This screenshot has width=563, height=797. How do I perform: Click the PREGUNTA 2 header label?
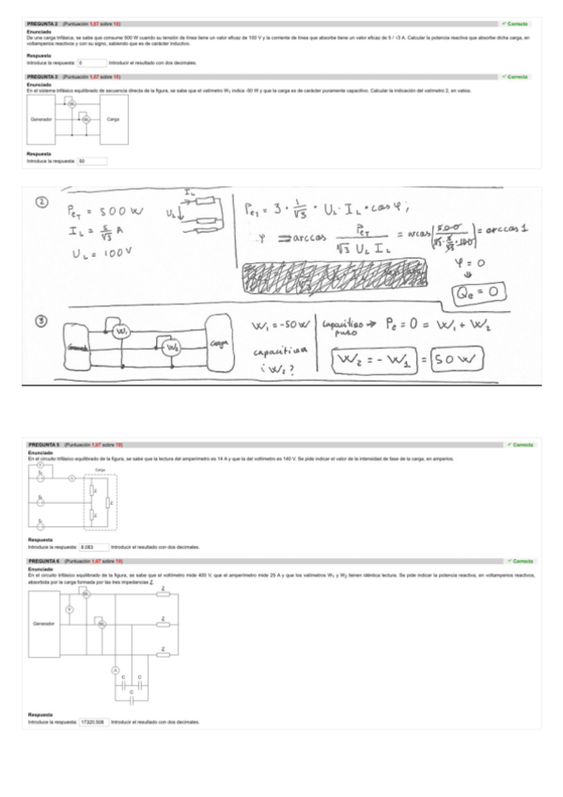click(x=43, y=23)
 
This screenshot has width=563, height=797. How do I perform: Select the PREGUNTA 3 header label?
click(x=43, y=76)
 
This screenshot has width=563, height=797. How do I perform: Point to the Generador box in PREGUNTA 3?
click(x=41, y=120)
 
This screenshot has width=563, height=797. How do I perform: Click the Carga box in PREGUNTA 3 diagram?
click(x=113, y=120)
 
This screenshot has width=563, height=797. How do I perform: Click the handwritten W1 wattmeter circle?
click(x=119, y=333)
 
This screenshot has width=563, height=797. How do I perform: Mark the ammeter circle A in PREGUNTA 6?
click(x=117, y=669)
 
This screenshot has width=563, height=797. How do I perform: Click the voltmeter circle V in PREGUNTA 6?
click(x=69, y=609)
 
